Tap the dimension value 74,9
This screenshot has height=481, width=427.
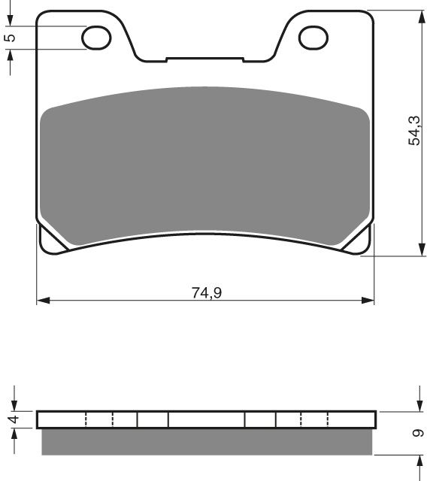206,292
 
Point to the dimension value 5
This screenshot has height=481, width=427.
10,37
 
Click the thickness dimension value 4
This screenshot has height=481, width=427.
11,419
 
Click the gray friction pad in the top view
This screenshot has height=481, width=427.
204,162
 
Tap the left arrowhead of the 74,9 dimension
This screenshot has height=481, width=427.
42,301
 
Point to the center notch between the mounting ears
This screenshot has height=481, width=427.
204,58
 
